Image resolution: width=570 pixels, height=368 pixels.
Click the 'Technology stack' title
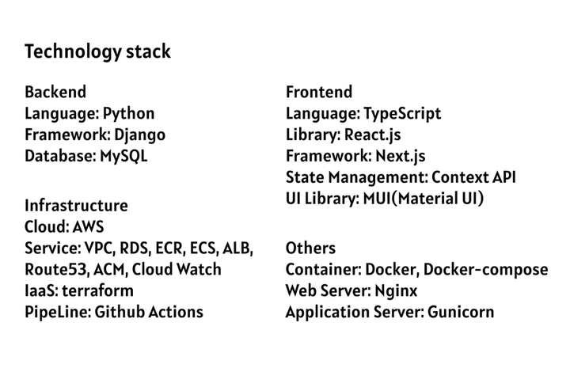click(97, 53)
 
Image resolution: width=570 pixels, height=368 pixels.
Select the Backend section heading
click(55, 92)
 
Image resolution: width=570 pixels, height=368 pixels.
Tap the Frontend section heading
click(319, 92)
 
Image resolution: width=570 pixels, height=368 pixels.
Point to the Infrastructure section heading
click(76, 206)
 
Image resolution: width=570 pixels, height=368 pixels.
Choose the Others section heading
click(310, 248)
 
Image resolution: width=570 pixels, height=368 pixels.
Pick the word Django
click(140, 135)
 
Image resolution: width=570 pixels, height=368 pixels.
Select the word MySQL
click(123, 156)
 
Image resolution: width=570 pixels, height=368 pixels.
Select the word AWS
click(88, 227)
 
